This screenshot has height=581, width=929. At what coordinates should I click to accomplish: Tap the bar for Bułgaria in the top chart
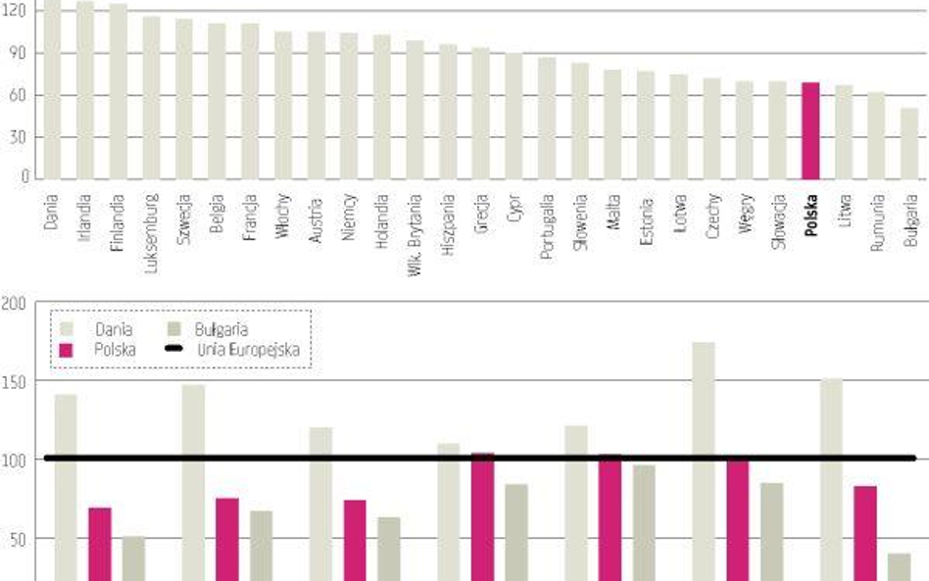pyautogui.click(x=909, y=143)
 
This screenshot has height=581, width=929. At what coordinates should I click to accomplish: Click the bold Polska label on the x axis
pyautogui.click(x=811, y=217)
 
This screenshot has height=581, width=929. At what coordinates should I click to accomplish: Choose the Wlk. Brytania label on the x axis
pyautogui.click(x=416, y=235)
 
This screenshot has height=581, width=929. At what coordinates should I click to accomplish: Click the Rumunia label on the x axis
pyautogui.click(x=877, y=223)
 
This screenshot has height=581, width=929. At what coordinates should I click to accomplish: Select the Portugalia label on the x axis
pyautogui.click(x=548, y=226)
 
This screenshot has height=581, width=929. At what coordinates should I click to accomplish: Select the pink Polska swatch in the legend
pyautogui.click(x=68, y=349)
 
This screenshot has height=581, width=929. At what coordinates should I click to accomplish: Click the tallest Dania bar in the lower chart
pyautogui.click(x=704, y=460)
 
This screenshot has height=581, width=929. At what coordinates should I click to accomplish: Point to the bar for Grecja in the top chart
pyautogui.click(x=481, y=113)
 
